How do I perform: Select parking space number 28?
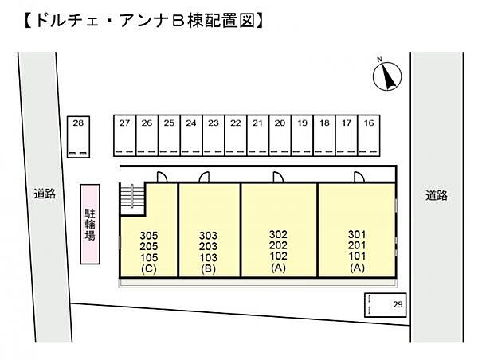click(78, 135)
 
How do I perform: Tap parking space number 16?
click(368, 135)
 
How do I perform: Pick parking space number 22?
click(235, 135)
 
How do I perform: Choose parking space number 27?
click(124, 135)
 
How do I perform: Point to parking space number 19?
click(301, 135)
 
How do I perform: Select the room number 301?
click(357, 235)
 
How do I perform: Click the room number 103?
click(208, 258)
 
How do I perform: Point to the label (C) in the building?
click(148, 269)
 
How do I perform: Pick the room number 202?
click(278, 246)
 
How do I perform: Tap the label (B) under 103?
click(208, 269)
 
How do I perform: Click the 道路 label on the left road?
click(45, 194)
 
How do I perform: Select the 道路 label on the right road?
click(435, 194)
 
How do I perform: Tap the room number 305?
click(148, 235)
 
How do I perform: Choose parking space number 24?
click(190, 135)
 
